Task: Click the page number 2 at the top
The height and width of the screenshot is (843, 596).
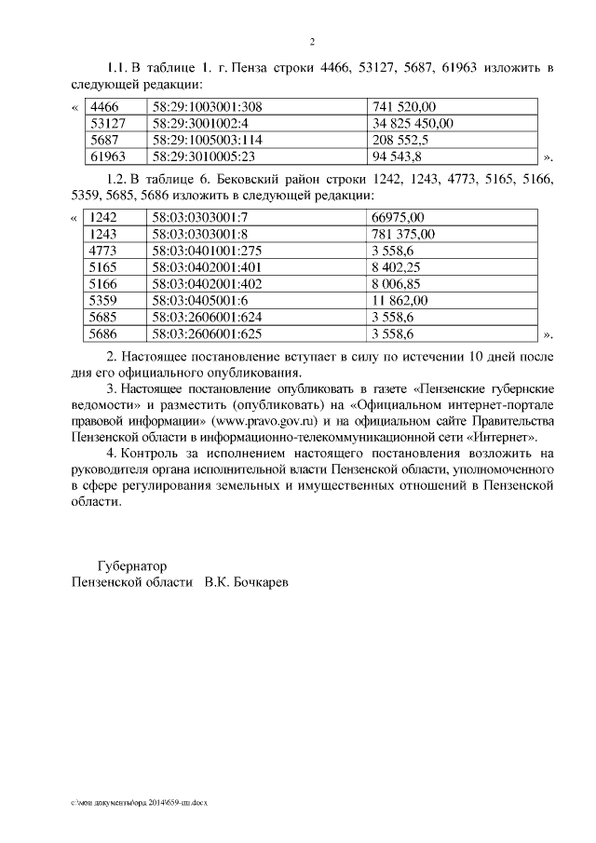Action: point(313,41)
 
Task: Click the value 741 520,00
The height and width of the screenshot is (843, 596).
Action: point(404,107)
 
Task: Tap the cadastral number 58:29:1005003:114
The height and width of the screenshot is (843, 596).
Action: point(210,139)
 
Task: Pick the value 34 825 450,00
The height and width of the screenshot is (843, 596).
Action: point(413,123)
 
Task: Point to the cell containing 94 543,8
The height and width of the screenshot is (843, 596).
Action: point(398,155)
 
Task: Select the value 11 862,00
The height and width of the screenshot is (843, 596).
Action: point(400,301)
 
